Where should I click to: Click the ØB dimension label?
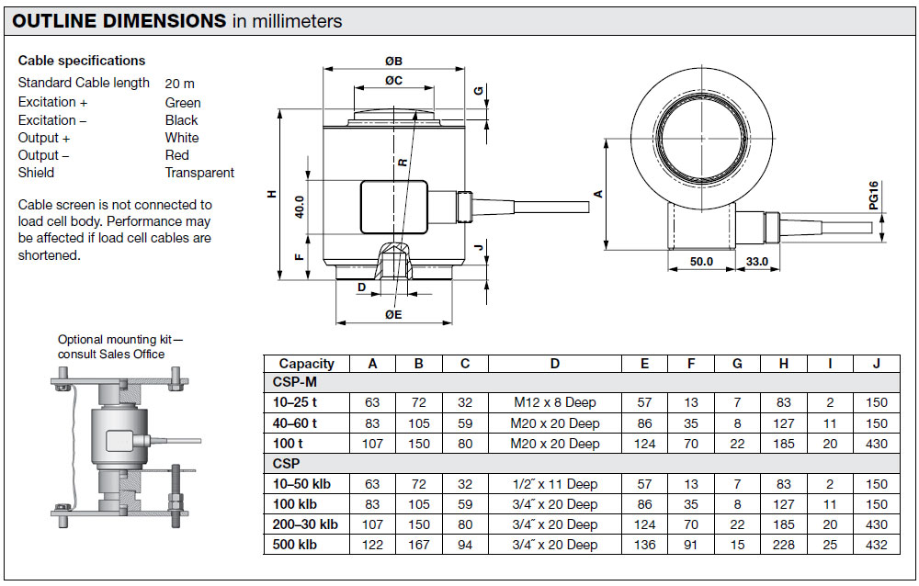tap(394, 61)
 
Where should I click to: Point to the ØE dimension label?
tap(394, 315)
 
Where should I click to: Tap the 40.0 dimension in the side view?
tap(300, 208)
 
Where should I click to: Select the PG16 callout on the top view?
tap(874, 195)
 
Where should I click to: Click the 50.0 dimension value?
tap(701, 262)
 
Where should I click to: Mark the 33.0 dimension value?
tap(756, 262)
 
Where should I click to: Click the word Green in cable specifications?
tap(183, 103)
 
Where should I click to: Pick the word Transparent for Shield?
tap(199, 173)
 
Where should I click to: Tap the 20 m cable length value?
tap(179, 84)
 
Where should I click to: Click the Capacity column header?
tap(307, 364)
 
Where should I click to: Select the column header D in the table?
tap(554, 364)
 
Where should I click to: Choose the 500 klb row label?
tap(295, 545)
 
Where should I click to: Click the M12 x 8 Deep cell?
tap(554, 402)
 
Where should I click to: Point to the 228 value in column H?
tap(784, 545)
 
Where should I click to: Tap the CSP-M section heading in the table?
tap(295, 382)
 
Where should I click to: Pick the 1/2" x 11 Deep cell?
tap(554, 484)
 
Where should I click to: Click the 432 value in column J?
tap(876, 545)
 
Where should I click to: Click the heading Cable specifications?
tap(82, 61)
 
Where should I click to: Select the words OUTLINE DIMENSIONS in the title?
tap(119, 21)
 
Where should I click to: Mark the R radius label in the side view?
tap(403, 163)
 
